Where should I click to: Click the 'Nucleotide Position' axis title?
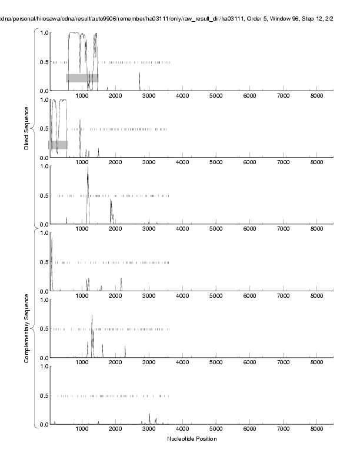192,439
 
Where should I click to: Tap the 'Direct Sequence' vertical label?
26,128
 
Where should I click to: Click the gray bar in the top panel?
82,78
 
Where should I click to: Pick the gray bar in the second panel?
58,145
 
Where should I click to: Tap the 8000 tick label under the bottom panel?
316,430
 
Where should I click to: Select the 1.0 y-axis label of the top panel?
44,32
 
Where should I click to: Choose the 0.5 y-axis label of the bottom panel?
44,396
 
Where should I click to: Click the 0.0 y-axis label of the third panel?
44,224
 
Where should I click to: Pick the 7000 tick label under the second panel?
283,164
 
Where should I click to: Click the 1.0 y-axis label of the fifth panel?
44,300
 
